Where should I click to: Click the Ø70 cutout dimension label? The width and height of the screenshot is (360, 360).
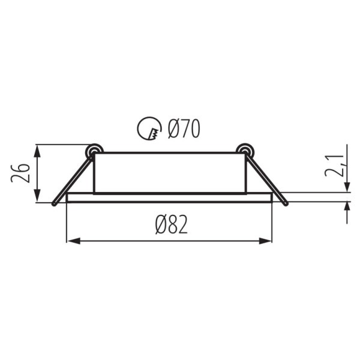pos(184,129)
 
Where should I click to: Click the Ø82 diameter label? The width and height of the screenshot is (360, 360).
pos(172,225)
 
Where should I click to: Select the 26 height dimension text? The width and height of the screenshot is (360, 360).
pos(20,173)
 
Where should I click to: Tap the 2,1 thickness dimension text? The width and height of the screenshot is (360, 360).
pos(334,166)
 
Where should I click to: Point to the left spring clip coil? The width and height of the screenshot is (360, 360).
pos(94,151)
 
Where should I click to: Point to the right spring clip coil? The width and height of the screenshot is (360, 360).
pos(245,151)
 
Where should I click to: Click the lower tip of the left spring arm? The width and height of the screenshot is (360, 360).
pos(54,204)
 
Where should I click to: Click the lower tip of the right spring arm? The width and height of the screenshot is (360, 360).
pos(286,204)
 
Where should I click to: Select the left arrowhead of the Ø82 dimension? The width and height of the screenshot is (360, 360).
pos(73,241)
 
